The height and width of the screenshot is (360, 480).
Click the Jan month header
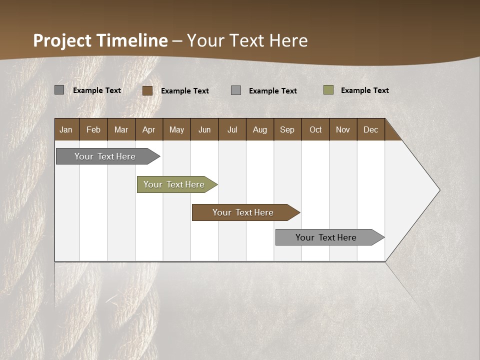66,129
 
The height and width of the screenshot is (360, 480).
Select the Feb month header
93,129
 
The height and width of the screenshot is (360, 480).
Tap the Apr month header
148,129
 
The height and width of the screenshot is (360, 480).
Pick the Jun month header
204,129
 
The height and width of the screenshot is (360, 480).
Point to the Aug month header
259,129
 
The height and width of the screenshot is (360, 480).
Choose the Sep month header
287,129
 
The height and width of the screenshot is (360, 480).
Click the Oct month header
315,129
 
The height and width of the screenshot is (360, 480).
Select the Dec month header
370,129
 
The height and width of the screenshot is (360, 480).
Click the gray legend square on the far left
59,90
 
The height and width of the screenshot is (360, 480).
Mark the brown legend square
147,90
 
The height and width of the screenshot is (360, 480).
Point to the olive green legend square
328,90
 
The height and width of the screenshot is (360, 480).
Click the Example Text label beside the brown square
184,91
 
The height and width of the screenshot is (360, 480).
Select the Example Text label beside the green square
364,90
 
